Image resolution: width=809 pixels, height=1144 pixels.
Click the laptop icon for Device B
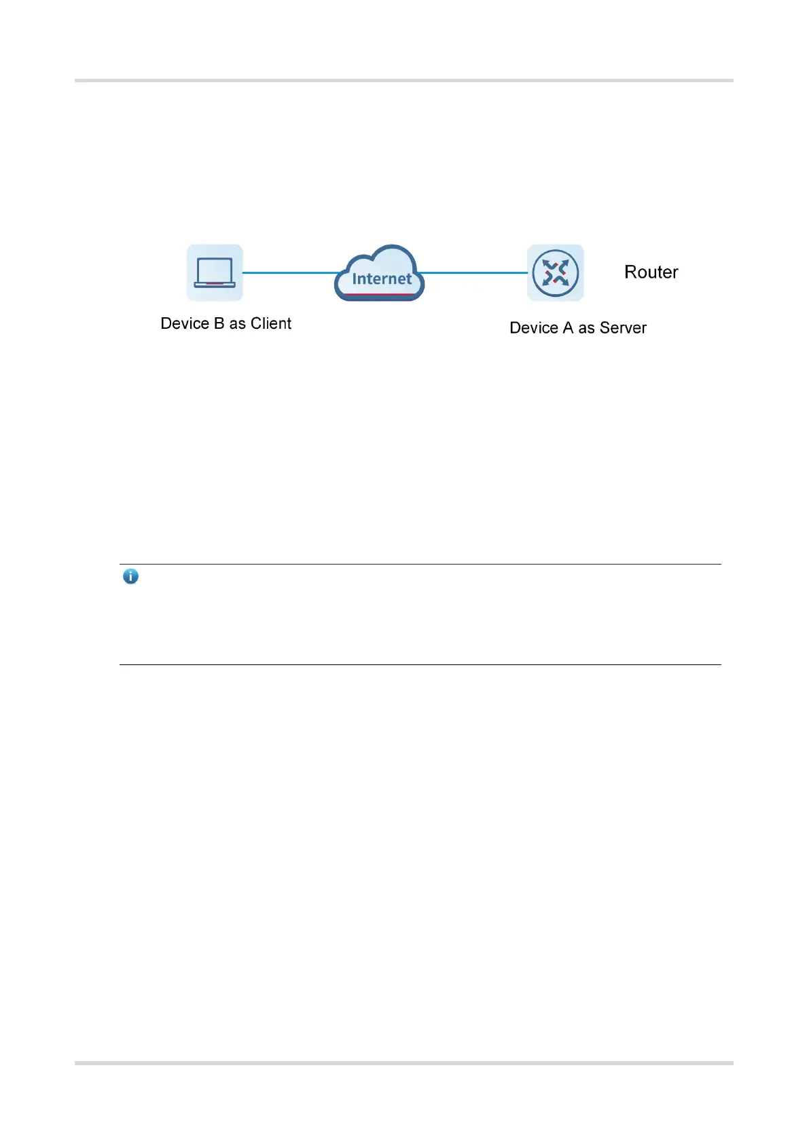point(215,272)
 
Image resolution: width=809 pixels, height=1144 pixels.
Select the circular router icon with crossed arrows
point(556,272)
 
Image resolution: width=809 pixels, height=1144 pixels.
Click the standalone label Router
point(651,272)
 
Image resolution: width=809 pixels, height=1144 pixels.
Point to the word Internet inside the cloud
point(382,279)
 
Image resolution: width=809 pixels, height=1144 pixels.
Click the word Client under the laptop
point(271,323)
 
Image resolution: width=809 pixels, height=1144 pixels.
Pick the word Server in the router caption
point(623,328)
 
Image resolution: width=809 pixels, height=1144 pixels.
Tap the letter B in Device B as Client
point(219,323)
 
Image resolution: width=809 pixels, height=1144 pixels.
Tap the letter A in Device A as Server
point(568,328)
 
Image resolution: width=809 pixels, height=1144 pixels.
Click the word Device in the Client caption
point(185,323)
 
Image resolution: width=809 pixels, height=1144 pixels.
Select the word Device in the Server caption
point(534,328)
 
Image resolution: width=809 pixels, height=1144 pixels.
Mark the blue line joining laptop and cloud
point(289,272)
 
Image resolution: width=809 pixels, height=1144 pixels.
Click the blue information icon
point(130,577)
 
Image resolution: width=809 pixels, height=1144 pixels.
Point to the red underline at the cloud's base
point(380,294)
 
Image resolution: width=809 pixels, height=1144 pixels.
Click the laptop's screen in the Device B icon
point(215,270)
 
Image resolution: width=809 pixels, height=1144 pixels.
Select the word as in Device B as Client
point(237,324)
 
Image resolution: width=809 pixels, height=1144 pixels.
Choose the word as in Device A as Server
point(586,329)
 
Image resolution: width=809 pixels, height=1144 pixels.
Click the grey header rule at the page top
point(404,80)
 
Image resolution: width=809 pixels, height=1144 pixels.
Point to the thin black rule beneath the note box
point(420,664)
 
